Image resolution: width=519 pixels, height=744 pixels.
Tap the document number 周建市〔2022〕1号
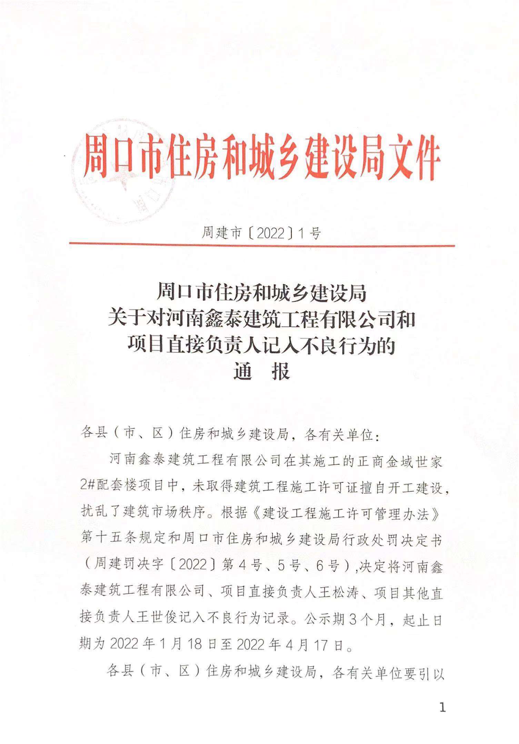261,234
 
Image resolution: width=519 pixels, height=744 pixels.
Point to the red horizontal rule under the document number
262,245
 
